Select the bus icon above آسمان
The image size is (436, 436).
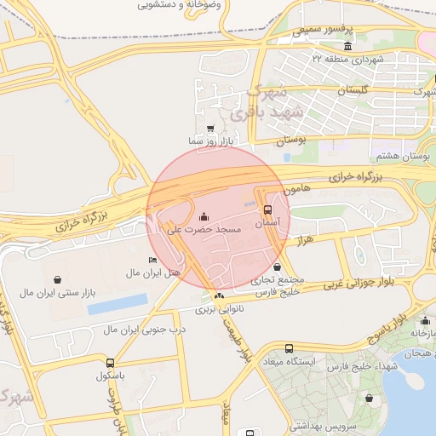(267, 209)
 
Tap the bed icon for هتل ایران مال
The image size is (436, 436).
(152, 260)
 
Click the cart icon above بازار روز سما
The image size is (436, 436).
(209, 128)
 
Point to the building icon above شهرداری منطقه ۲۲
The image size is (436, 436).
(347, 46)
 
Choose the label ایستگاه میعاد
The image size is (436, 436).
(290, 361)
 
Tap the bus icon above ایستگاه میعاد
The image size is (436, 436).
(289, 348)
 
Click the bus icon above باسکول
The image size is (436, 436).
(110, 362)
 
